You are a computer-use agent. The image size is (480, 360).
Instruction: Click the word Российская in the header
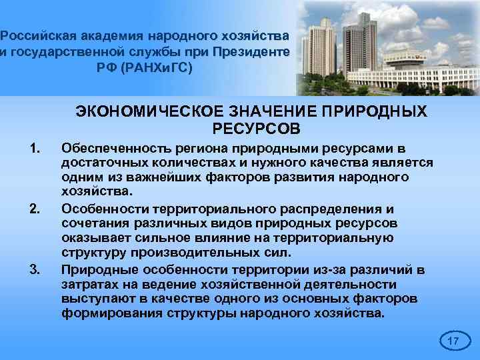39,35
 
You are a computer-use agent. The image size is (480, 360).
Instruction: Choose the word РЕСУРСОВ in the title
257,127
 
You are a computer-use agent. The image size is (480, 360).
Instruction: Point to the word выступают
93,299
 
